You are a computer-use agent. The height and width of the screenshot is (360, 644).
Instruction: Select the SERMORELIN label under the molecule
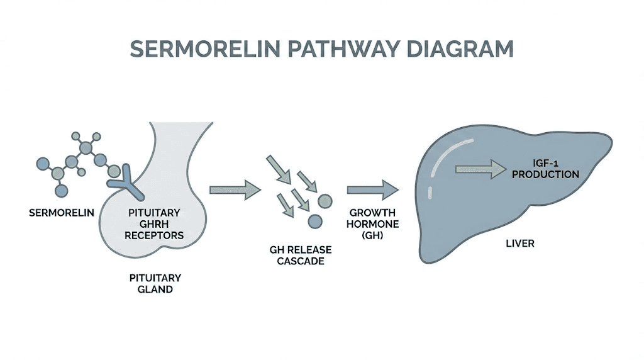click(x=62, y=212)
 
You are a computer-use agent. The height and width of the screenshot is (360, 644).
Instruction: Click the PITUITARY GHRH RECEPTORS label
click(x=155, y=223)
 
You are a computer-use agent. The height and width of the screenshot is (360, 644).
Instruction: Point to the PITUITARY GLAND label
click(x=155, y=283)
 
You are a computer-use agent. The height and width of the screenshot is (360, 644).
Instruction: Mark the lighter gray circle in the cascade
click(x=325, y=201)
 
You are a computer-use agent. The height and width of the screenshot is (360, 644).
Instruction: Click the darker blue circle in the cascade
click(x=314, y=221)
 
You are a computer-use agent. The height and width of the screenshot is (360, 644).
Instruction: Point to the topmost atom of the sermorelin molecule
click(x=76, y=135)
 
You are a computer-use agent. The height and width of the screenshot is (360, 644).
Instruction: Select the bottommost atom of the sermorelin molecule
click(x=61, y=191)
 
